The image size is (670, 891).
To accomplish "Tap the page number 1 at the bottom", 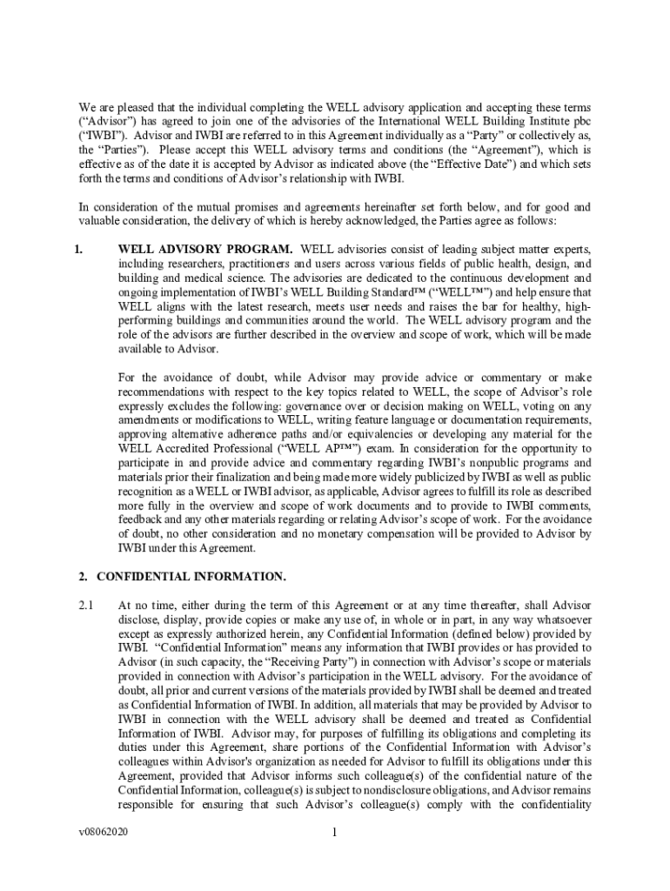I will tap(334, 833).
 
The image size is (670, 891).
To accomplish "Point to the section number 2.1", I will tap(85, 605).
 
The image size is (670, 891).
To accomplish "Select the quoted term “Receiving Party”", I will tap(285, 661).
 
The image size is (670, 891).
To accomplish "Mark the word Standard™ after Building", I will tap(412, 292).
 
